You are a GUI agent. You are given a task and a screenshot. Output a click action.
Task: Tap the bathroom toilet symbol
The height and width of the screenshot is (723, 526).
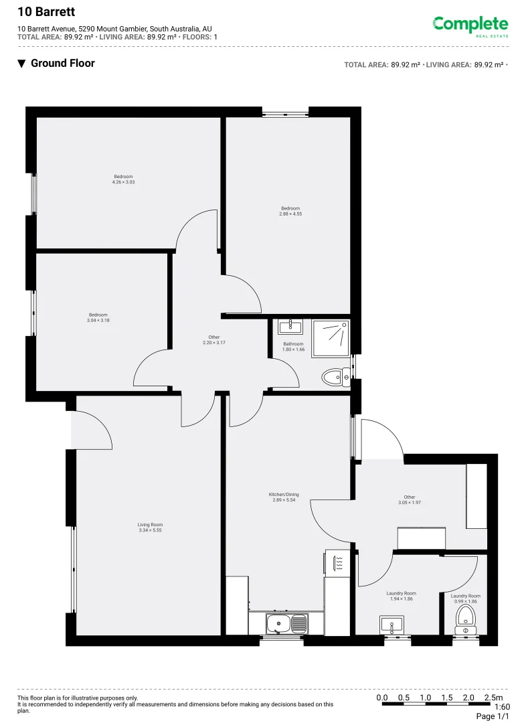click(x=335, y=378)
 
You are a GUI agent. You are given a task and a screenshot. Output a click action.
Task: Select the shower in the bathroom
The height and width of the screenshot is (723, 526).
click(x=330, y=337)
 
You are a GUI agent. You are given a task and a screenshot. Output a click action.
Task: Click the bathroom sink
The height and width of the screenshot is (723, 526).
click(x=290, y=326)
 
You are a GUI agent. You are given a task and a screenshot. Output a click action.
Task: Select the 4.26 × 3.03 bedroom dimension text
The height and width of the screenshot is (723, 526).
click(x=123, y=182)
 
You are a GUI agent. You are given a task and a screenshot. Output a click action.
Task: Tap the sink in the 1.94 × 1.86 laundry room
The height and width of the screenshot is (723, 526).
click(x=391, y=625)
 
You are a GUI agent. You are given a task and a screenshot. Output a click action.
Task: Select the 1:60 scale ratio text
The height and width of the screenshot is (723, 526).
click(x=501, y=706)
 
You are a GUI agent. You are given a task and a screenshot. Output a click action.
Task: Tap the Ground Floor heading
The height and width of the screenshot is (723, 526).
click(x=62, y=63)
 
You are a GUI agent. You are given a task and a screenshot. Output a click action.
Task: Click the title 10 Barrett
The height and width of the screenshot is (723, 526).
click(x=46, y=11)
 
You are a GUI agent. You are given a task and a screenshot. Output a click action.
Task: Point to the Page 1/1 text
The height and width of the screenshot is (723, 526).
click(x=493, y=716)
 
